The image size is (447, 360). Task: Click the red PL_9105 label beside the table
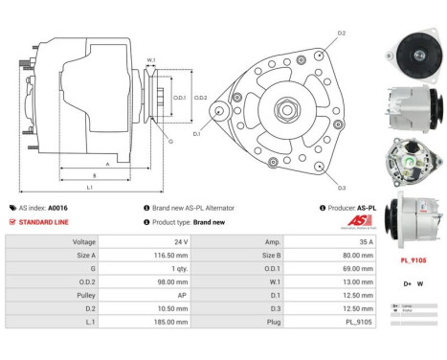tap(413, 259)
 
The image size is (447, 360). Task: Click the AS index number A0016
tap(59, 207)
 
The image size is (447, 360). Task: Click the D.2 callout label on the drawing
tap(342, 34)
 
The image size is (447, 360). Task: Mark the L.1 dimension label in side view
tap(89, 187)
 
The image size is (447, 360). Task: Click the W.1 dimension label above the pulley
tap(151, 59)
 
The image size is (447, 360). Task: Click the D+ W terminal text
tap(413, 283)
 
